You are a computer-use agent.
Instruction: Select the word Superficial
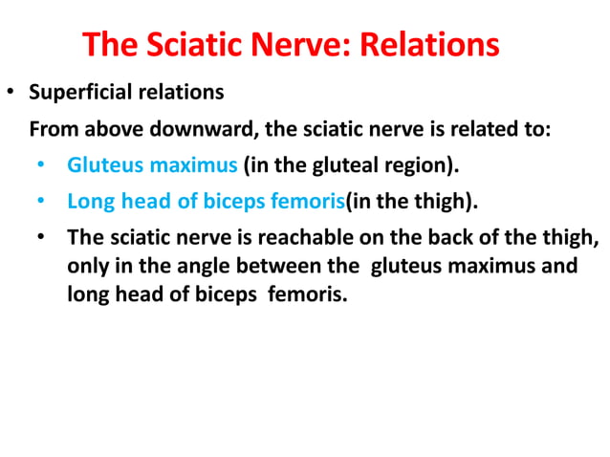pos(78,94)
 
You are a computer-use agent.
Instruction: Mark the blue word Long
pos(87,202)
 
